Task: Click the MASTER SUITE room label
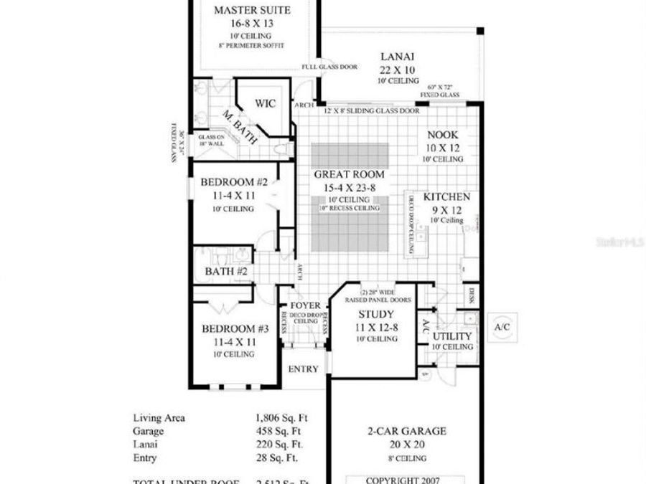[x=251, y=10]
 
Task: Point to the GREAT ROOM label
[x=350, y=174]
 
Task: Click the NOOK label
[x=442, y=135]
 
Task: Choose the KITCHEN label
[x=446, y=197]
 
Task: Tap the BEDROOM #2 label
[x=235, y=183]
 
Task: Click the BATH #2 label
[x=226, y=272]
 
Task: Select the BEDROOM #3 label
[x=235, y=329]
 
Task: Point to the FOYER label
[x=304, y=305]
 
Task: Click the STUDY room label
[x=375, y=314]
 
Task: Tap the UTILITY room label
[x=453, y=336]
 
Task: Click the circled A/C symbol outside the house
[x=502, y=327]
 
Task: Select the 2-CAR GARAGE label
[x=407, y=431]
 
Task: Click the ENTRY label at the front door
[x=303, y=369]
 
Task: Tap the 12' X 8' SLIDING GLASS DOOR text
[x=372, y=111]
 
